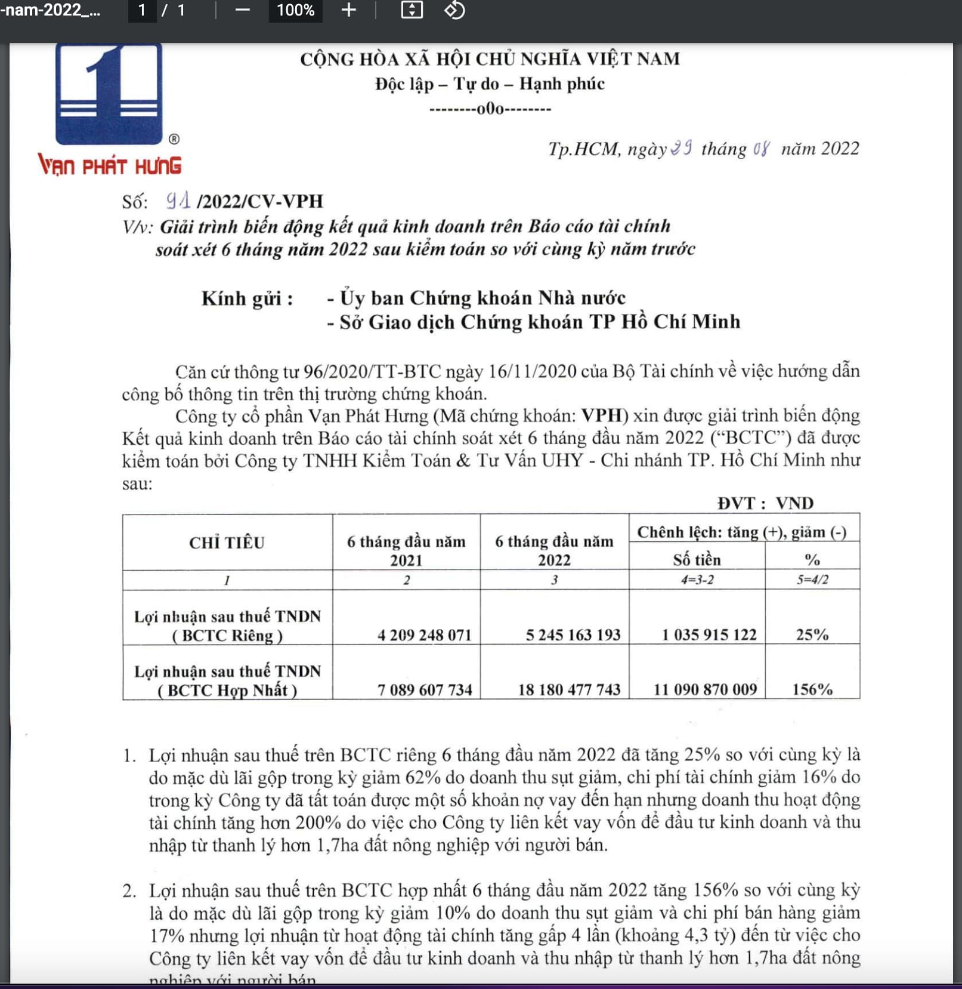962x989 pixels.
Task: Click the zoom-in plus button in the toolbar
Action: (x=349, y=10)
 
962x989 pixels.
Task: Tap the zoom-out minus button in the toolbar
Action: (x=242, y=10)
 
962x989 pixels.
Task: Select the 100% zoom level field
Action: (x=295, y=10)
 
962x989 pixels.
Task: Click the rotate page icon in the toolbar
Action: (x=454, y=10)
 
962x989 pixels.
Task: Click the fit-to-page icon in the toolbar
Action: (x=412, y=10)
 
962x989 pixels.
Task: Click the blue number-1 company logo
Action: (x=109, y=94)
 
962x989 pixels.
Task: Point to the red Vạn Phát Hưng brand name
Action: (x=110, y=165)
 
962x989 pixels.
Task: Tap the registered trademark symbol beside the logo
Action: (x=174, y=139)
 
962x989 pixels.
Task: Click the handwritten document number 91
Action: (x=178, y=201)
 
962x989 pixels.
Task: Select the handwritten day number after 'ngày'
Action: (x=681, y=147)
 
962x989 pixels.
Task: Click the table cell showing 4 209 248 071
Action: (x=424, y=634)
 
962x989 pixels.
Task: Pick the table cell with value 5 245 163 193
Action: (x=573, y=634)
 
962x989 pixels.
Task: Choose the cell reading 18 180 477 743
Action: (x=569, y=689)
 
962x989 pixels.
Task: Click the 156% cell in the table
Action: (x=812, y=689)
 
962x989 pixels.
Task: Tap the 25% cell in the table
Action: (x=812, y=634)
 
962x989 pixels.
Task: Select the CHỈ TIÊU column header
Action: (x=227, y=543)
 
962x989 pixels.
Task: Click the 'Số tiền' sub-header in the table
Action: (x=697, y=560)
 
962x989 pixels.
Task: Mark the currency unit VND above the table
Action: (x=794, y=503)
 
